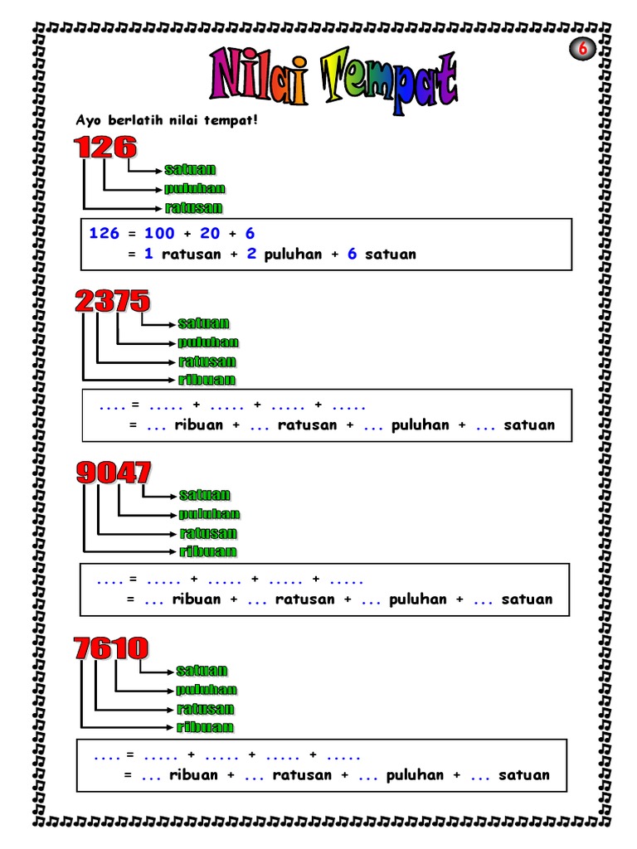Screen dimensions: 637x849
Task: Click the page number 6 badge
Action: (582, 49)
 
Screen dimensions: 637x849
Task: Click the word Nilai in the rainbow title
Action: (259, 75)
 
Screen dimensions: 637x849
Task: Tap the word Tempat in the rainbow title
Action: (390, 80)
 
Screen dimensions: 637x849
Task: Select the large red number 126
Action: (105, 148)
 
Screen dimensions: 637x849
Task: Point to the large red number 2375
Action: (112, 300)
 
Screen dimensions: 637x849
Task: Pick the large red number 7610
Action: (111, 648)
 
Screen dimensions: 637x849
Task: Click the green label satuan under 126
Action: (190, 169)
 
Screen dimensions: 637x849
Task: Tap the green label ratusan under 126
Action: (194, 207)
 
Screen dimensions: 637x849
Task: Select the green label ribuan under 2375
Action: (207, 380)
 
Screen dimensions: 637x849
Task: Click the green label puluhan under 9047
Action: (210, 514)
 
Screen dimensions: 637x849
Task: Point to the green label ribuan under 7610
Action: (206, 726)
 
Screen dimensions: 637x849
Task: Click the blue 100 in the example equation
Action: (159, 233)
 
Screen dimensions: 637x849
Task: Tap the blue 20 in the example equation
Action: (210, 233)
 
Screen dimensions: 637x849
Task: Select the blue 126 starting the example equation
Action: (104, 233)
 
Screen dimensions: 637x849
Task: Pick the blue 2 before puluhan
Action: (251, 254)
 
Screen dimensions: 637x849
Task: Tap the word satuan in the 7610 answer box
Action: (524, 775)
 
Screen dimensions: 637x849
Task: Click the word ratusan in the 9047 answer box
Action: (305, 599)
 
